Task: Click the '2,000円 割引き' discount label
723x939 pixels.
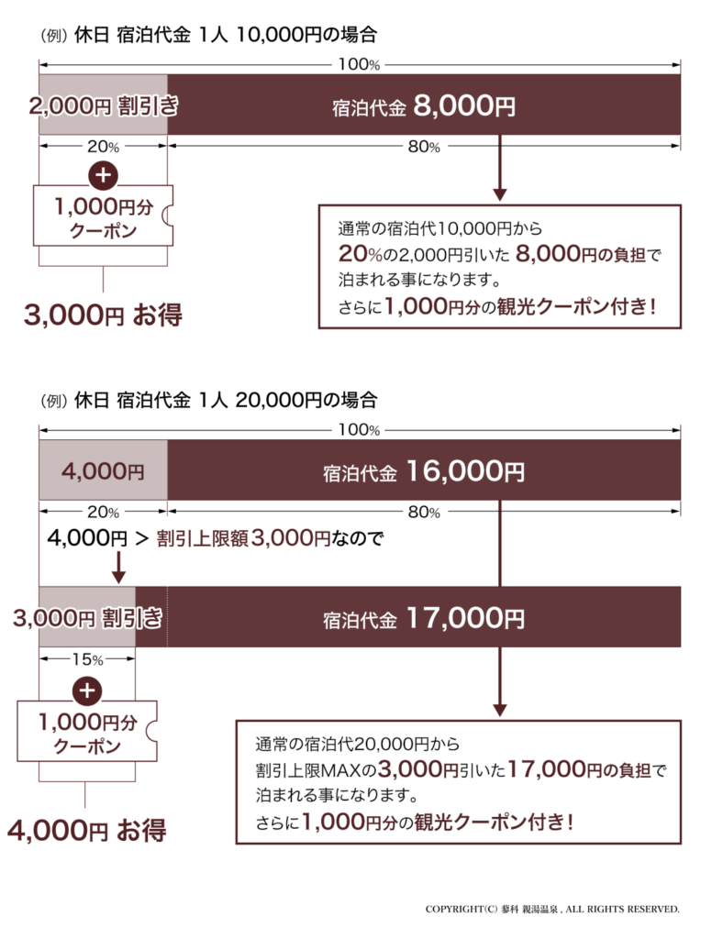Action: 104,105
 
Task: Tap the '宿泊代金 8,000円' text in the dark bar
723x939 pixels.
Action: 424,106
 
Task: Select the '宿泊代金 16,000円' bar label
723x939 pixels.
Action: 424,471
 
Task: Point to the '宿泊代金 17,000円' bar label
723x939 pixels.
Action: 424,618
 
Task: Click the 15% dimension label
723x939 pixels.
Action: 87,659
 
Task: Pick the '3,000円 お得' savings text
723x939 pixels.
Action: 103,315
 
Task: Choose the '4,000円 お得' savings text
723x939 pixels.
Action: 87,830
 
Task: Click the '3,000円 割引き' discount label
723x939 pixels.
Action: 87,617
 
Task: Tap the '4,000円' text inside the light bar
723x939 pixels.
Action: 103,471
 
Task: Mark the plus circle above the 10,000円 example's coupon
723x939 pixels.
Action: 103,175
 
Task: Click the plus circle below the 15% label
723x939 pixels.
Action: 87,690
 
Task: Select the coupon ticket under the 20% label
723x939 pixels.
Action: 103,215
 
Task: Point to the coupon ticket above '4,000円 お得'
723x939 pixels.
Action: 87,731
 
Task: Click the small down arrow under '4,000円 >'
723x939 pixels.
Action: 118,567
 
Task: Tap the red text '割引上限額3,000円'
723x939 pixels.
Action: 243,537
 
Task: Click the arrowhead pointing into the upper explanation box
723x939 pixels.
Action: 499,194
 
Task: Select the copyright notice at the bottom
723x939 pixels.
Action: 552,909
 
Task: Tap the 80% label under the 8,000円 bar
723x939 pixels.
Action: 424,147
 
